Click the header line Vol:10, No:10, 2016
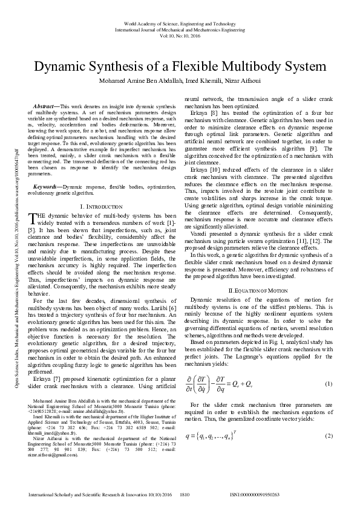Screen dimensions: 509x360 [180, 34]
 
